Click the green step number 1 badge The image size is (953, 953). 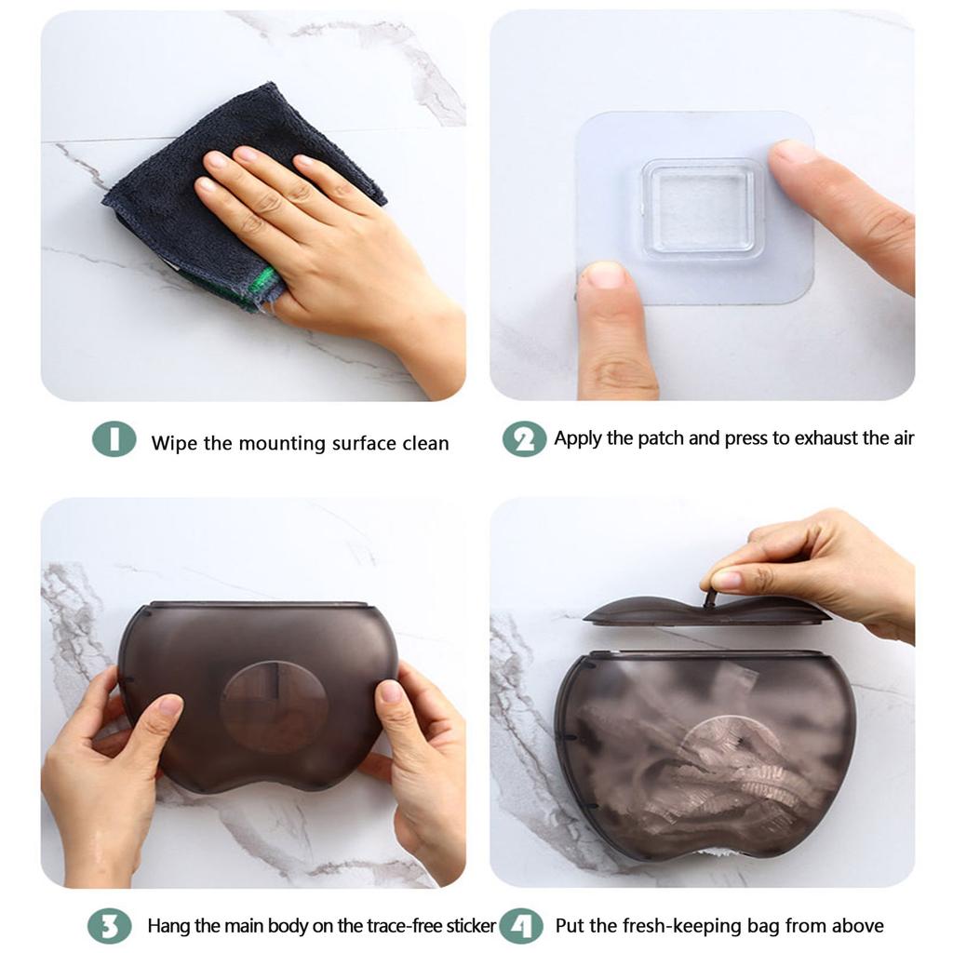(x=114, y=439)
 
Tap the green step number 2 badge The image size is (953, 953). (x=524, y=439)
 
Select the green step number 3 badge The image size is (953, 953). (x=110, y=926)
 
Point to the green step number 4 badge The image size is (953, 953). (x=521, y=926)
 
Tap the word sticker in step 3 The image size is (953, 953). (x=471, y=926)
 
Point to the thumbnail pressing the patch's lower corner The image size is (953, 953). (x=605, y=275)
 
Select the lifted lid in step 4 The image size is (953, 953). (x=707, y=611)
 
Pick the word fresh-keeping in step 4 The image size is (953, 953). (x=678, y=927)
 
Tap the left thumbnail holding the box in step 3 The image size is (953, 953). (x=170, y=705)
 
